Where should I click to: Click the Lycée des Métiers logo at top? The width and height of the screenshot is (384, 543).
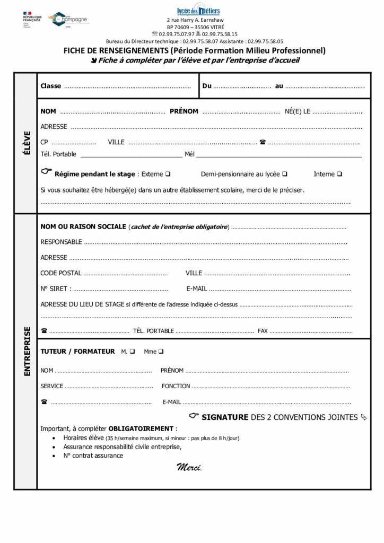coord(198,11)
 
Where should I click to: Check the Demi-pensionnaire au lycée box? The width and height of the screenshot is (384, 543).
coord(285,174)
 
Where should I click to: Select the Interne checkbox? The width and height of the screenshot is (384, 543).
coord(339,174)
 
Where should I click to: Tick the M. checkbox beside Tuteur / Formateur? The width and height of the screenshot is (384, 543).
coord(132,351)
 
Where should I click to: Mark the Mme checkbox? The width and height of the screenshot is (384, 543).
coord(161,351)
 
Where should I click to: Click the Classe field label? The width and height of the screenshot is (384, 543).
coord(51,86)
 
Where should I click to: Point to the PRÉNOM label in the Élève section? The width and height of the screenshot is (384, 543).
coord(184,111)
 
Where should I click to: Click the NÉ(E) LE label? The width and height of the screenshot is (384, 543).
coord(298,111)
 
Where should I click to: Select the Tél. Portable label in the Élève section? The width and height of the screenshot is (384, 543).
coord(58,154)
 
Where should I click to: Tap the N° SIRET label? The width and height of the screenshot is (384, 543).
coord(55,289)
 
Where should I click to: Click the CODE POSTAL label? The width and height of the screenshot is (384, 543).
coord(61,273)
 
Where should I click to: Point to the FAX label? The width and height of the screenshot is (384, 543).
coord(263,331)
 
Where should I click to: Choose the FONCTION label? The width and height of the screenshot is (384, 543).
coord(176,386)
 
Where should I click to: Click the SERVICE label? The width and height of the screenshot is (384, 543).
coord(52,386)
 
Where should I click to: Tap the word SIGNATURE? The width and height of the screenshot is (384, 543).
coord(225,417)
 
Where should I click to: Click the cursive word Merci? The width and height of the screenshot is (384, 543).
coord(189,467)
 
